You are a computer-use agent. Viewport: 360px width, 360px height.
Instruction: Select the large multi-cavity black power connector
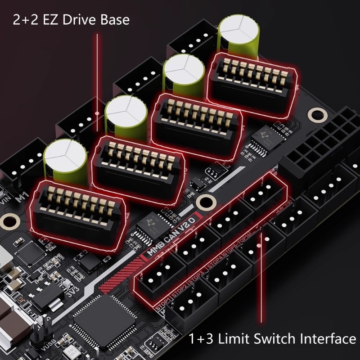click(315, 144)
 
